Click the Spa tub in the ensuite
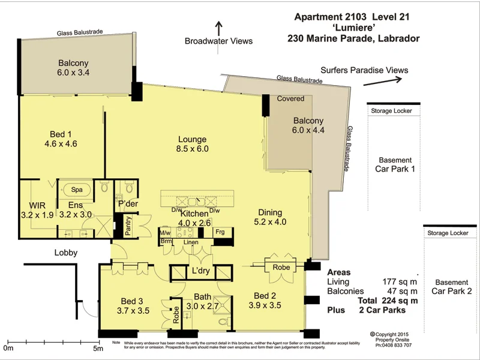click(77, 189)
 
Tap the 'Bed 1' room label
click(61, 134)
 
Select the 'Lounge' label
click(192, 139)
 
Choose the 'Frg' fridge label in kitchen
click(220, 231)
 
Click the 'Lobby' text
click(65, 253)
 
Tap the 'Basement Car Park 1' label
click(395, 164)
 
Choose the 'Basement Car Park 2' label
click(452, 287)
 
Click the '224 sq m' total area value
click(395, 301)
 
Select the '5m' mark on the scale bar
click(98, 347)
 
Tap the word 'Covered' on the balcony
click(290, 98)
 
